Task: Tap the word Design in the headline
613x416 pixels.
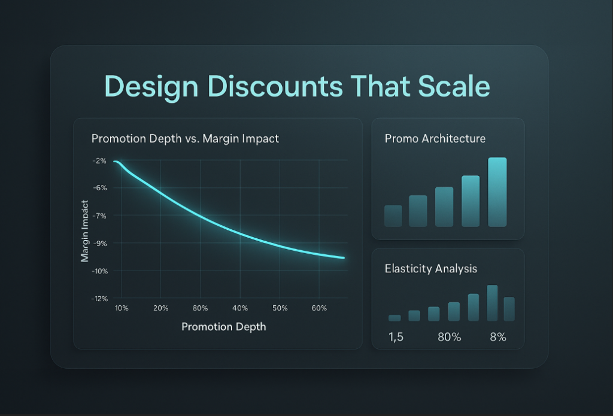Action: tap(153, 86)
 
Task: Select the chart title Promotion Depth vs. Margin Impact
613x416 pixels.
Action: tap(185, 138)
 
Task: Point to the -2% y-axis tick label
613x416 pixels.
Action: tap(99, 160)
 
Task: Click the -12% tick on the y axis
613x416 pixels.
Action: tap(99, 298)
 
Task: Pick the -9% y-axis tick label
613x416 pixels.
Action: tap(99, 243)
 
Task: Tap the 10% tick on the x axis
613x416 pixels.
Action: tap(122, 308)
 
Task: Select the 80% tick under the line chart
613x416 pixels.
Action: tap(200, 308)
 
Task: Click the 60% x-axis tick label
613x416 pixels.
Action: tap(319, 308)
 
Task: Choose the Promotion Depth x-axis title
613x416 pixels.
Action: tap(223, 327)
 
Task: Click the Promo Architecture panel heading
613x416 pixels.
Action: tap(435, 138)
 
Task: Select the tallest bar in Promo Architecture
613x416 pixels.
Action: tap(497, 192)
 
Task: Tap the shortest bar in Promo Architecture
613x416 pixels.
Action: tap(393, 215)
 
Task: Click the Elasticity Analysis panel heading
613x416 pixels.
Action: tap(430, 269)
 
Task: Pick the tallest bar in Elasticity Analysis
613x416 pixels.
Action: tap(492, 303)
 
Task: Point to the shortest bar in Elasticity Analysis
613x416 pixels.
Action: tap(394, 318)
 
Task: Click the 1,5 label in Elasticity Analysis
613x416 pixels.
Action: tap(396, 337)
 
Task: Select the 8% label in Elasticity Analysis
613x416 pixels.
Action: tap(498, 337)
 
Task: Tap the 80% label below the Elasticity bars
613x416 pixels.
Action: tap(449, 337)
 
